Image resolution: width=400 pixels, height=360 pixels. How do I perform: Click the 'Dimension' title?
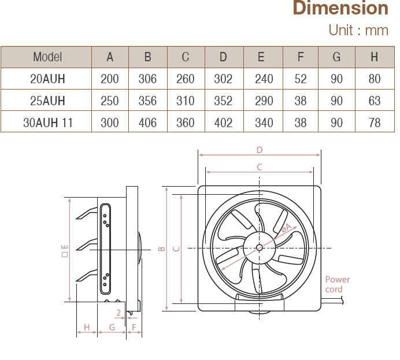tap(340, 9)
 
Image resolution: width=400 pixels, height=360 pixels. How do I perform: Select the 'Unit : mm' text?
tap(358, 30)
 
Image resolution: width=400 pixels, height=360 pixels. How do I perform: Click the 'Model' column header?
tap(47, 57)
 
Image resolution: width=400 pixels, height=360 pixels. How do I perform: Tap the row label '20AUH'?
tap(47, 79)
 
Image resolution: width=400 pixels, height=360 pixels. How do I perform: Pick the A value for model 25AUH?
tap(110, 101)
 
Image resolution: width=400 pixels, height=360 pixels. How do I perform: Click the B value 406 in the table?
tap(148, 123)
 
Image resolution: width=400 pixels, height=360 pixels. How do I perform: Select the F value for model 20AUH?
tap(301, 79)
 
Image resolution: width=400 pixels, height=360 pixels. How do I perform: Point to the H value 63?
tap(375, 101)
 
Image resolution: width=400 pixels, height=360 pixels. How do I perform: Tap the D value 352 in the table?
tap(223, 101)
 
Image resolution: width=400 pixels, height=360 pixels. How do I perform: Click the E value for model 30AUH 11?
tap(264, 123)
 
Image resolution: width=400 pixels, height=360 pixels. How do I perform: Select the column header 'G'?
tap(337, 57)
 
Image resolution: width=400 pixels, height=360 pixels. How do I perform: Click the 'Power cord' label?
tap(337, 284)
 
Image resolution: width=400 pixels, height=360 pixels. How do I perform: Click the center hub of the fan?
tap(258, 248)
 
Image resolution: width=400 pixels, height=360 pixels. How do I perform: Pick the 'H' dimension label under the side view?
tap(87, 328)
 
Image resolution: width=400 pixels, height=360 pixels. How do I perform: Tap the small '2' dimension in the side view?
tap(118, 313)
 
